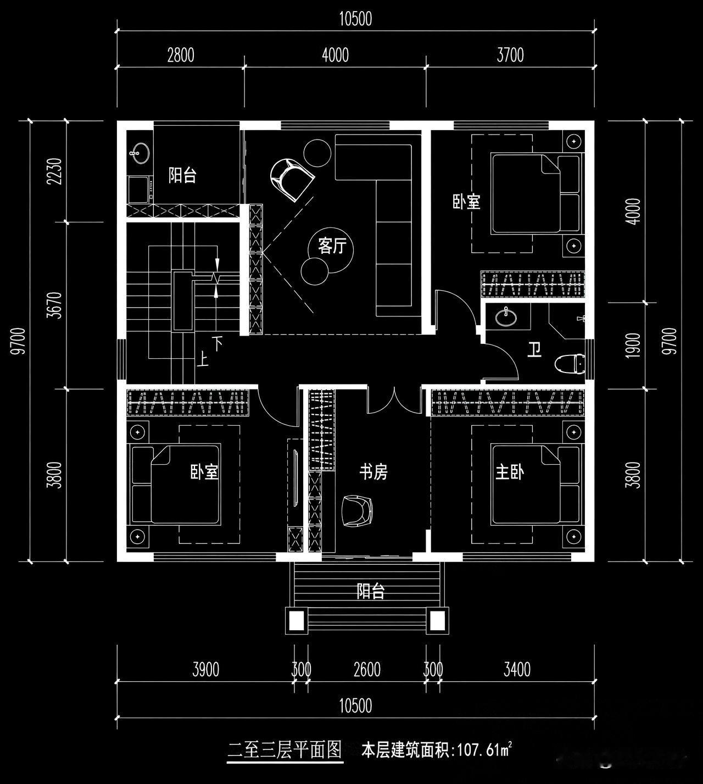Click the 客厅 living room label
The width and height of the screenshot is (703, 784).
coord(332,246)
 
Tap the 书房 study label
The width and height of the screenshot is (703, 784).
coord(373,472)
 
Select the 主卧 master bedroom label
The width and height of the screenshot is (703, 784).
coord(510,472)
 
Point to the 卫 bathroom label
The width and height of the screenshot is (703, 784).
coord(534,350)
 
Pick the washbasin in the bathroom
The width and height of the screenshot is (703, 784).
coord(506,316)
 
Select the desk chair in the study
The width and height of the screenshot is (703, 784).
coord(358,510)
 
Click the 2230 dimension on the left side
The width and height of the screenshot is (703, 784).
coord(55,171)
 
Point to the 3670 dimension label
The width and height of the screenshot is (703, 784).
coord(55,305)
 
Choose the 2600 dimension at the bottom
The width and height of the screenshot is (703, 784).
coord(367,670)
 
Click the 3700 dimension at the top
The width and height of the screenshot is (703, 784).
coord(510,55)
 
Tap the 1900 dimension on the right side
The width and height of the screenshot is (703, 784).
coord(633,345)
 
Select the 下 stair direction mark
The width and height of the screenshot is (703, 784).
coord(218,343)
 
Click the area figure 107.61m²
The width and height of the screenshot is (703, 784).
coord(485,750)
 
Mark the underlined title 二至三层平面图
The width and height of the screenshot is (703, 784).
coord(284,750)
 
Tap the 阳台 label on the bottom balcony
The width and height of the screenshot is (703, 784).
coord(371,591)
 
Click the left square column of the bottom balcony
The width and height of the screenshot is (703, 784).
coord(297,620)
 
